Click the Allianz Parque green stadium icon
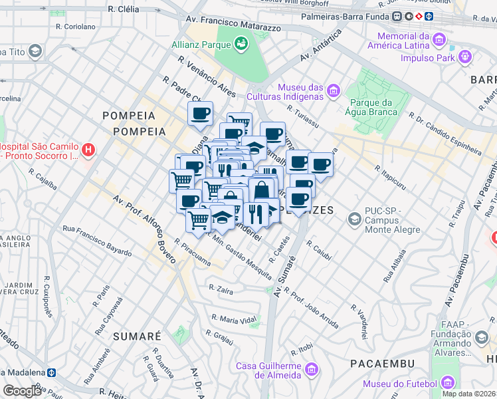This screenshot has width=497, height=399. click(241, 45)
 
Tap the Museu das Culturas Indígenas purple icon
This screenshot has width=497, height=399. click(334, 90)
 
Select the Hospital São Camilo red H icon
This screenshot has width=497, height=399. click(88, 151)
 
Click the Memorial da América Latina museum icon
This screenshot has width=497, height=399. click(439, 41)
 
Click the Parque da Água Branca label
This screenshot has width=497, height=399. click(373, 107)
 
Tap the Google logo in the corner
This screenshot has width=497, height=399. click(22, 390)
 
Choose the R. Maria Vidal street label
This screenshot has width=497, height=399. click(234, 320)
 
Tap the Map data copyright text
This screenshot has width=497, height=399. click(468, 394)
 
